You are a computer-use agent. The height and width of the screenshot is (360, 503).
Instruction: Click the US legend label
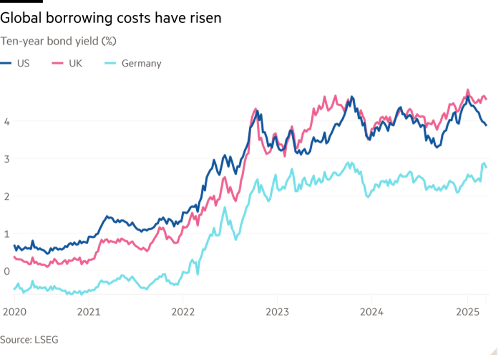24,64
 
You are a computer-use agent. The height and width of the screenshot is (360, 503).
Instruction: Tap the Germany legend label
141,64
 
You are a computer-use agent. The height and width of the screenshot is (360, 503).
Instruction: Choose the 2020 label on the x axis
14,312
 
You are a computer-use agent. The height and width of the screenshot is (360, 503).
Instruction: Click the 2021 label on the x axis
89,312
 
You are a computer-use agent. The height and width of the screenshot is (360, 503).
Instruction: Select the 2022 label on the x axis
183,312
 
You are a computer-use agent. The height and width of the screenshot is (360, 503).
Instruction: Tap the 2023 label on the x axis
277,312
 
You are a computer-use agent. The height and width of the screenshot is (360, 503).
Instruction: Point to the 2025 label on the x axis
467,312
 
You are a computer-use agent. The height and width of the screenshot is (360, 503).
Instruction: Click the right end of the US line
486,124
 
